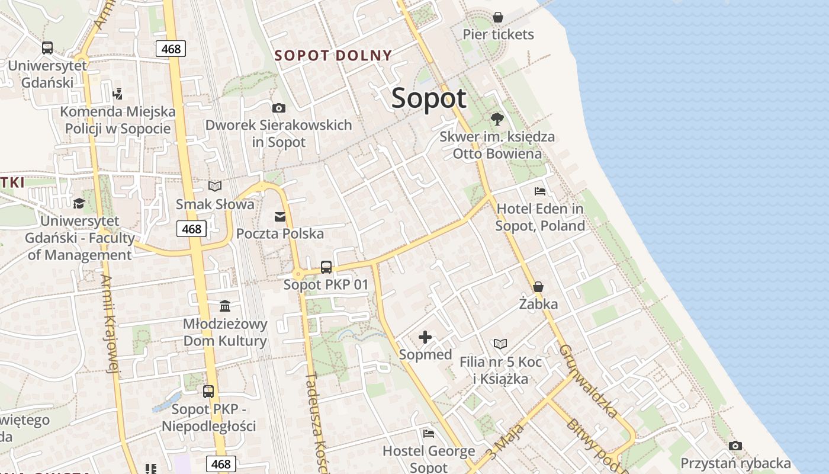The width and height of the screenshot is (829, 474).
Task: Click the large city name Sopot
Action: point(429,98)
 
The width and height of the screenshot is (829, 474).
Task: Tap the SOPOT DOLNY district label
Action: point(333,56)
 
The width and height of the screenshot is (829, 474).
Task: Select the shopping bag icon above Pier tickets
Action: point(498,17)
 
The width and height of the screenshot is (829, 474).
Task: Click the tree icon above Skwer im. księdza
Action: point(497,119)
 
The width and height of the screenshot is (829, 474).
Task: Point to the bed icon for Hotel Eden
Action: point(540,191)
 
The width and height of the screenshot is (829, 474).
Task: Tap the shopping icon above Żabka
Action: point(538,287)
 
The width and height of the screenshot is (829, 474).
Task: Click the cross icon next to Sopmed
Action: point(425,337)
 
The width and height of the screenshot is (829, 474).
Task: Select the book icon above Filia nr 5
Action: point(500,344)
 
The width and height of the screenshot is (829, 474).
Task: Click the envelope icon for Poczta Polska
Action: point(280,217)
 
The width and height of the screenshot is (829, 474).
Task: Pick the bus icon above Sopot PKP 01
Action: point(326,267)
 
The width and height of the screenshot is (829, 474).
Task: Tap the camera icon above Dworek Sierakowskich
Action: point(278,108)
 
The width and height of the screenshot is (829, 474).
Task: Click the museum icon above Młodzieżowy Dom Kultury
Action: point(225,306)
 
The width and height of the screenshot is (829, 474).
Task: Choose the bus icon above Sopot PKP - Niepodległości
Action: point(208,391)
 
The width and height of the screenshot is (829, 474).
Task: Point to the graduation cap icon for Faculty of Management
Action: point(79,203)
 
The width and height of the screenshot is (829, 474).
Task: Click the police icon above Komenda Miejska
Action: point(117,94)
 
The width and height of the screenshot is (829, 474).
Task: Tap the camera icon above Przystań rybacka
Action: point(735,446)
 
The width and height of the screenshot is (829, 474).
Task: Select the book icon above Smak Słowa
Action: point(215,187)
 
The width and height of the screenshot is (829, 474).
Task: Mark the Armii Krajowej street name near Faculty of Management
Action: point(110,324)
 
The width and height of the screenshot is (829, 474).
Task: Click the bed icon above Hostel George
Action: point(429,433)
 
